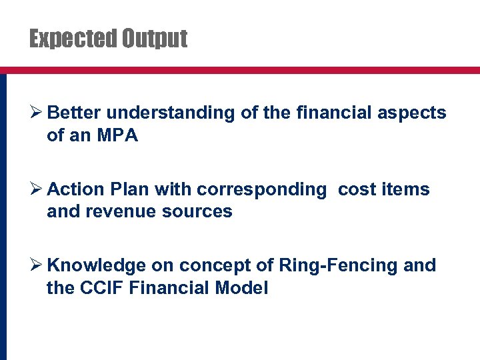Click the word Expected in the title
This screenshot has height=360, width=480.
point(73,39)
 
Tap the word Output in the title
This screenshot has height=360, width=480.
point(154,39)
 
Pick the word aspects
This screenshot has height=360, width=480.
point(412,113)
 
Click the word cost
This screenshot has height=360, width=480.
point(357,190)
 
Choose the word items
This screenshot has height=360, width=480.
point(406,190)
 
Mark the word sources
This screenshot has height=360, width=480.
point(200,212)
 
